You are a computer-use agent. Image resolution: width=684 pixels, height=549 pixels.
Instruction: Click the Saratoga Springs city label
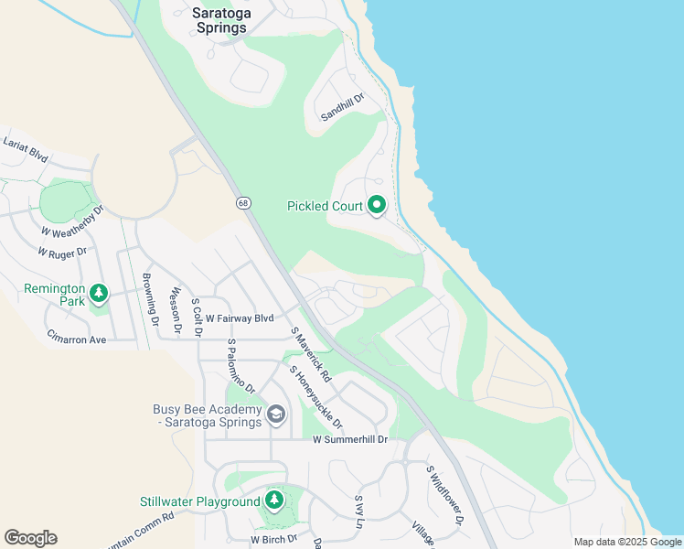coord(219,20)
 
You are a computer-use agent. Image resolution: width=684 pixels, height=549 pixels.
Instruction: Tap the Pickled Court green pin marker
coord(377,206)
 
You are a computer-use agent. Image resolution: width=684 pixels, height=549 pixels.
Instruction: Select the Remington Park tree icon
coord(99,294)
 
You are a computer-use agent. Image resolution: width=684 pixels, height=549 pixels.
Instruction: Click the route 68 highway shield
coord(242,202)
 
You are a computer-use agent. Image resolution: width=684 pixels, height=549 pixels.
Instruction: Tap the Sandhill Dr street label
coord(342,107)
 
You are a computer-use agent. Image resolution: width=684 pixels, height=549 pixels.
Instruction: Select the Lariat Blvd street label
coord(25,149)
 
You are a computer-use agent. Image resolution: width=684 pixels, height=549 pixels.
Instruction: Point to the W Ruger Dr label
coord(62,251)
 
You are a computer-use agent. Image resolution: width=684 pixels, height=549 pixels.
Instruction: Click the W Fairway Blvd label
coord(240,318)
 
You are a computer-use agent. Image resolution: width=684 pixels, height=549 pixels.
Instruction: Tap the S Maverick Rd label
coord(311,354)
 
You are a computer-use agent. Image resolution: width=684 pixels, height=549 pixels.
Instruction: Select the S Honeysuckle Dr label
coord(316,397)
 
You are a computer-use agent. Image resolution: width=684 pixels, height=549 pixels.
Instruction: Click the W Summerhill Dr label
coord(350,439)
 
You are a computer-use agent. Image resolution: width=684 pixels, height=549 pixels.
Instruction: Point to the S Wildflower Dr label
coord(445,495)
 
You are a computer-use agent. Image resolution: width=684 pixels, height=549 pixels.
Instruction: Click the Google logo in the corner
coord(30,538)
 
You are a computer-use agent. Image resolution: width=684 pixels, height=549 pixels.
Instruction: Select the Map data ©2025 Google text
coord(627,542)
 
